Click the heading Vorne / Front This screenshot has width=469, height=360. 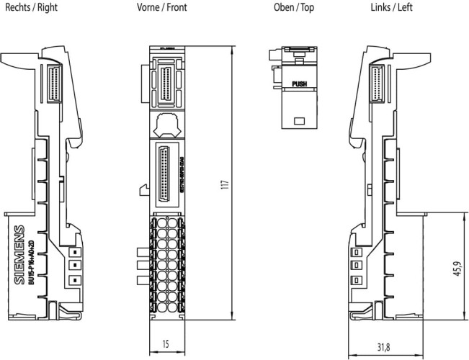coord(163,8)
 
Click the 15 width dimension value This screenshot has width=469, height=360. coord(166,344)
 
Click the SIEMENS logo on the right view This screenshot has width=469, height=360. coord(19,256)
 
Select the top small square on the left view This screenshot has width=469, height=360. coord(354,252)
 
